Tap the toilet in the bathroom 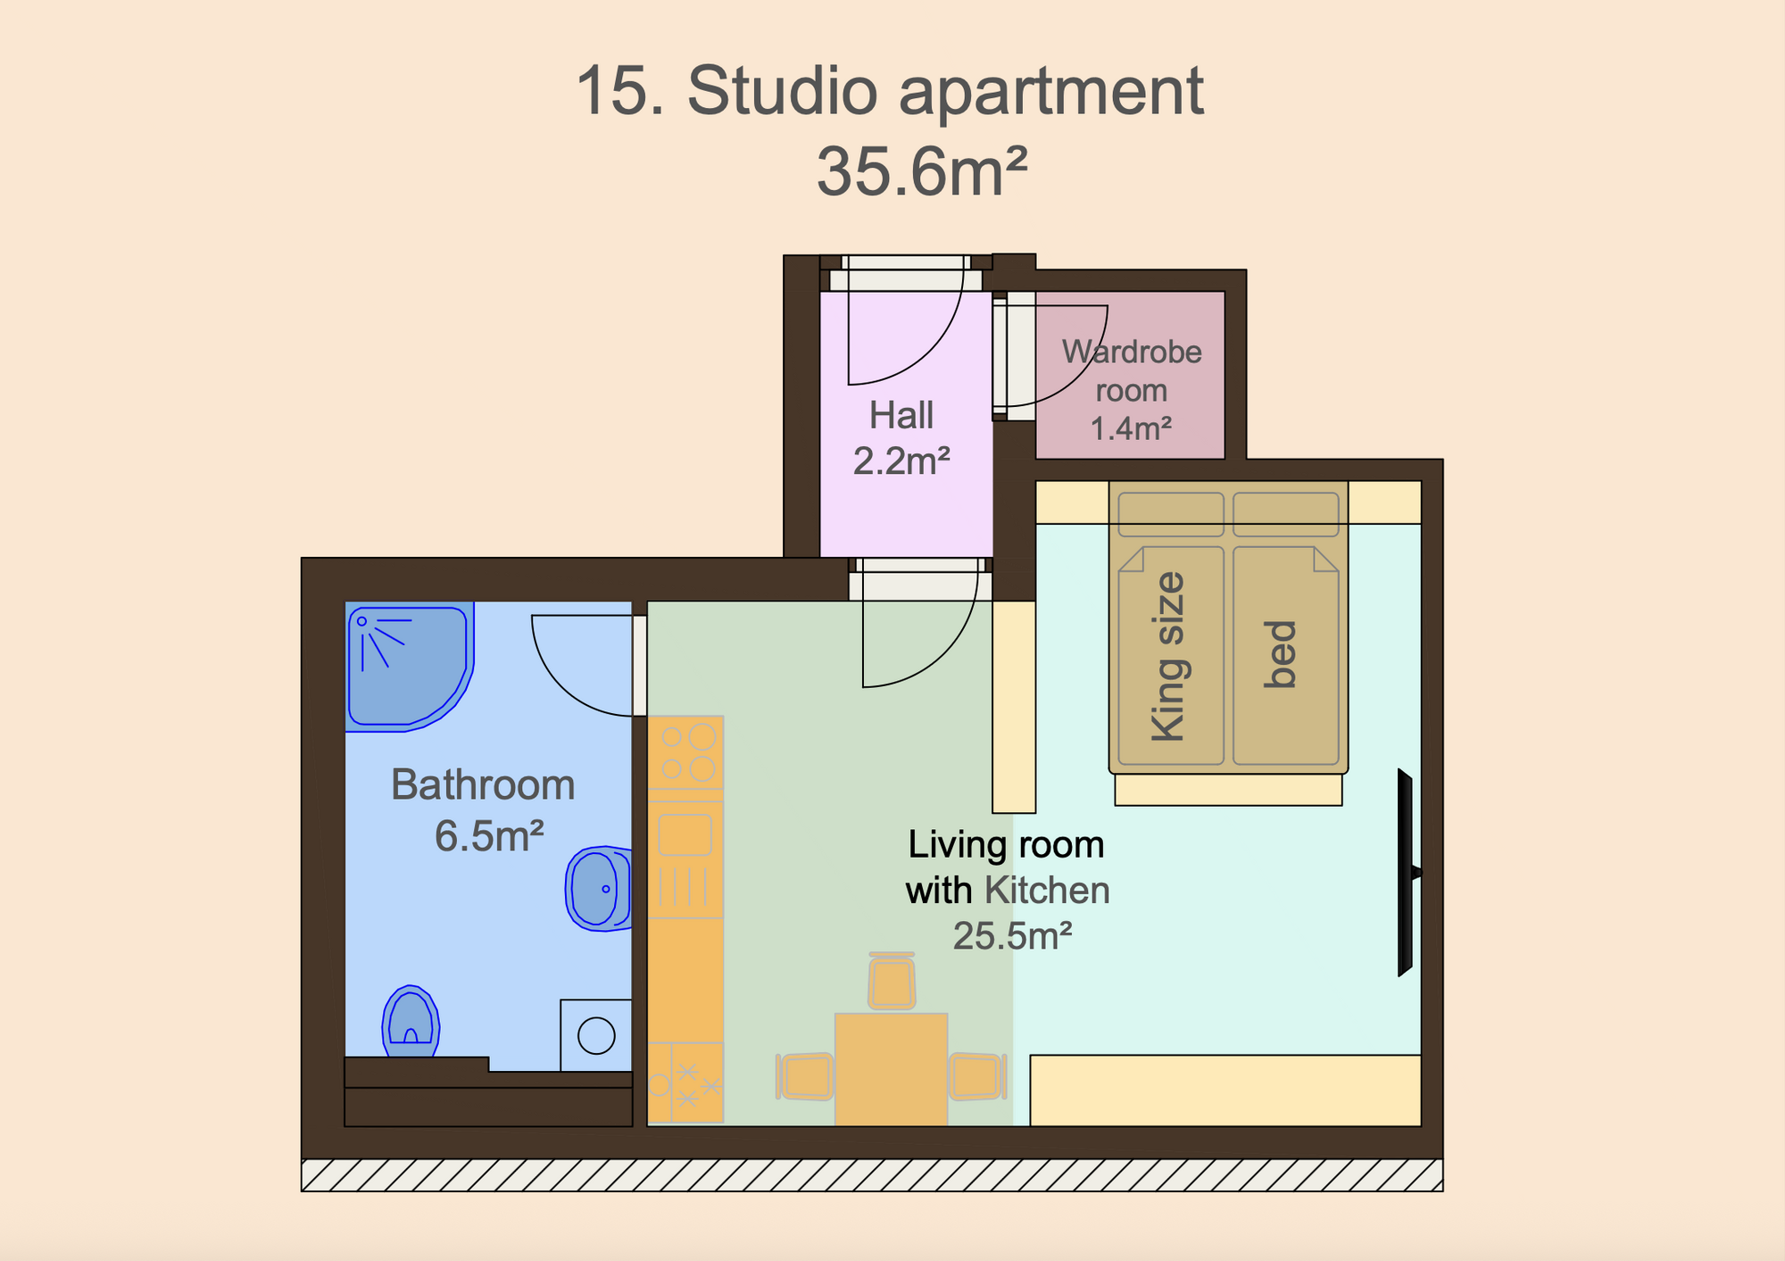click(x=411, y=1022)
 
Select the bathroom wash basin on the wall click(x=598, y=889)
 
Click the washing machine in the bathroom click(x=596, y=1035)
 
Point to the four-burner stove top click(x=685, y=752)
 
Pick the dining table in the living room click(x=891, y=1069)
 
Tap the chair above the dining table click(x=892, y=980)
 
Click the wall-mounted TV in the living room click(x=1407, y=872)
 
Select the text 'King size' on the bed click(x=1168, y=657)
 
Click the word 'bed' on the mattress click(x=1281, y=654)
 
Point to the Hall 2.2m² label click(x=901, y=438)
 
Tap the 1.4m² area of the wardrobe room click(x=1131, y=428)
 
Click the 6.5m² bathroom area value click(x=489, y=836)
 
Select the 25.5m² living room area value click(x=1012, y=936)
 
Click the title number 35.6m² click(x=922, y=171)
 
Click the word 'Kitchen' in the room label click(x=1048, y=890)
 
